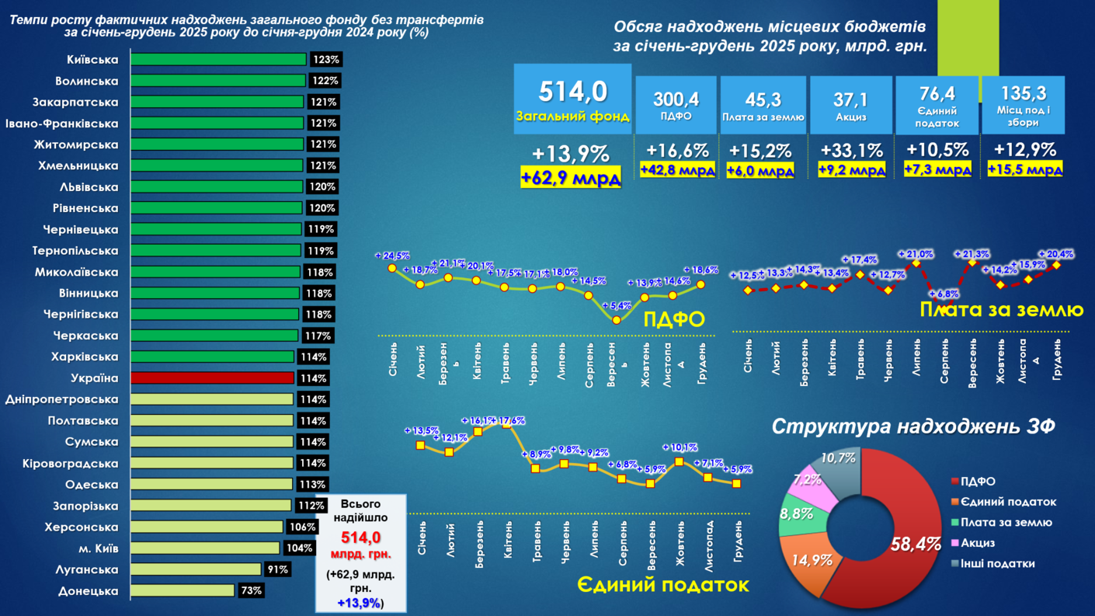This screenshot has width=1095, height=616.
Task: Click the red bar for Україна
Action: [212, 378]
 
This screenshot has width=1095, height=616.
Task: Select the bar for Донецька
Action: [182, 590]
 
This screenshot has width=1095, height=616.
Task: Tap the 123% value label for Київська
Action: [325, 60]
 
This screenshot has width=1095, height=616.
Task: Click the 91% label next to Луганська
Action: [277, 569]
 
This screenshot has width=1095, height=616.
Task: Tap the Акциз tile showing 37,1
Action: [850, 105]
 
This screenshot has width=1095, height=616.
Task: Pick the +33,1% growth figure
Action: [850, 151]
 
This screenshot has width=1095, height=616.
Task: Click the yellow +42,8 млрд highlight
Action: [677, 170]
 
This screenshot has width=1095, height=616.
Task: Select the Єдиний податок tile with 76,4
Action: [937, 105]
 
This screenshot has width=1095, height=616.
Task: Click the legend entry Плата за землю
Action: [1006, 523]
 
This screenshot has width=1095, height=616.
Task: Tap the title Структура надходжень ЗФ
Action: [913, 426]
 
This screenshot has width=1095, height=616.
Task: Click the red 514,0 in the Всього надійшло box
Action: [361, 538]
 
